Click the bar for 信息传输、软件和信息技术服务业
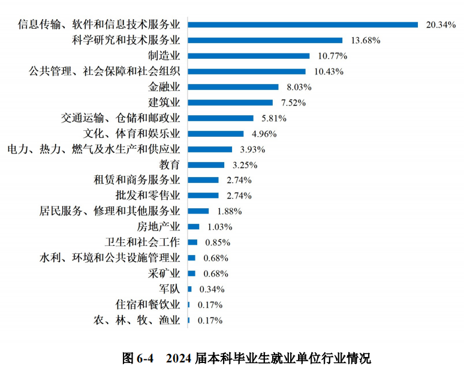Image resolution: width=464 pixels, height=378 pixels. click(303, 25)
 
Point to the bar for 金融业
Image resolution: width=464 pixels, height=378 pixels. click(233, 87)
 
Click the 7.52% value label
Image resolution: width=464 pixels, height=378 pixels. click(292, 103)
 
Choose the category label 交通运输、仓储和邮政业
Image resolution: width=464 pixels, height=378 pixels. click(120, 118)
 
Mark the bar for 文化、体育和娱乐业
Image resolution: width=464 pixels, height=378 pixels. click(216, 134)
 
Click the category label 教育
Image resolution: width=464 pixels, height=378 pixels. click(170, 164)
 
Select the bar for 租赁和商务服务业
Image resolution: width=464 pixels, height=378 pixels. click(203, 180)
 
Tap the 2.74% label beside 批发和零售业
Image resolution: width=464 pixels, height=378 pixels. click(239, 196)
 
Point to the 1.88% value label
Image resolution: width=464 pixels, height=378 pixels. click(229, 211)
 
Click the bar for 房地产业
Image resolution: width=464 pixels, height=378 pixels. click(194, 227)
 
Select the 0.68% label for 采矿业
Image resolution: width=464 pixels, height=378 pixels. click(216, 274)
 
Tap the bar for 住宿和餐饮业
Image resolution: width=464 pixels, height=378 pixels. click(189, 305)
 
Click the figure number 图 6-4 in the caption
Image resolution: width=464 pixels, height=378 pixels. click(138, 359)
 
